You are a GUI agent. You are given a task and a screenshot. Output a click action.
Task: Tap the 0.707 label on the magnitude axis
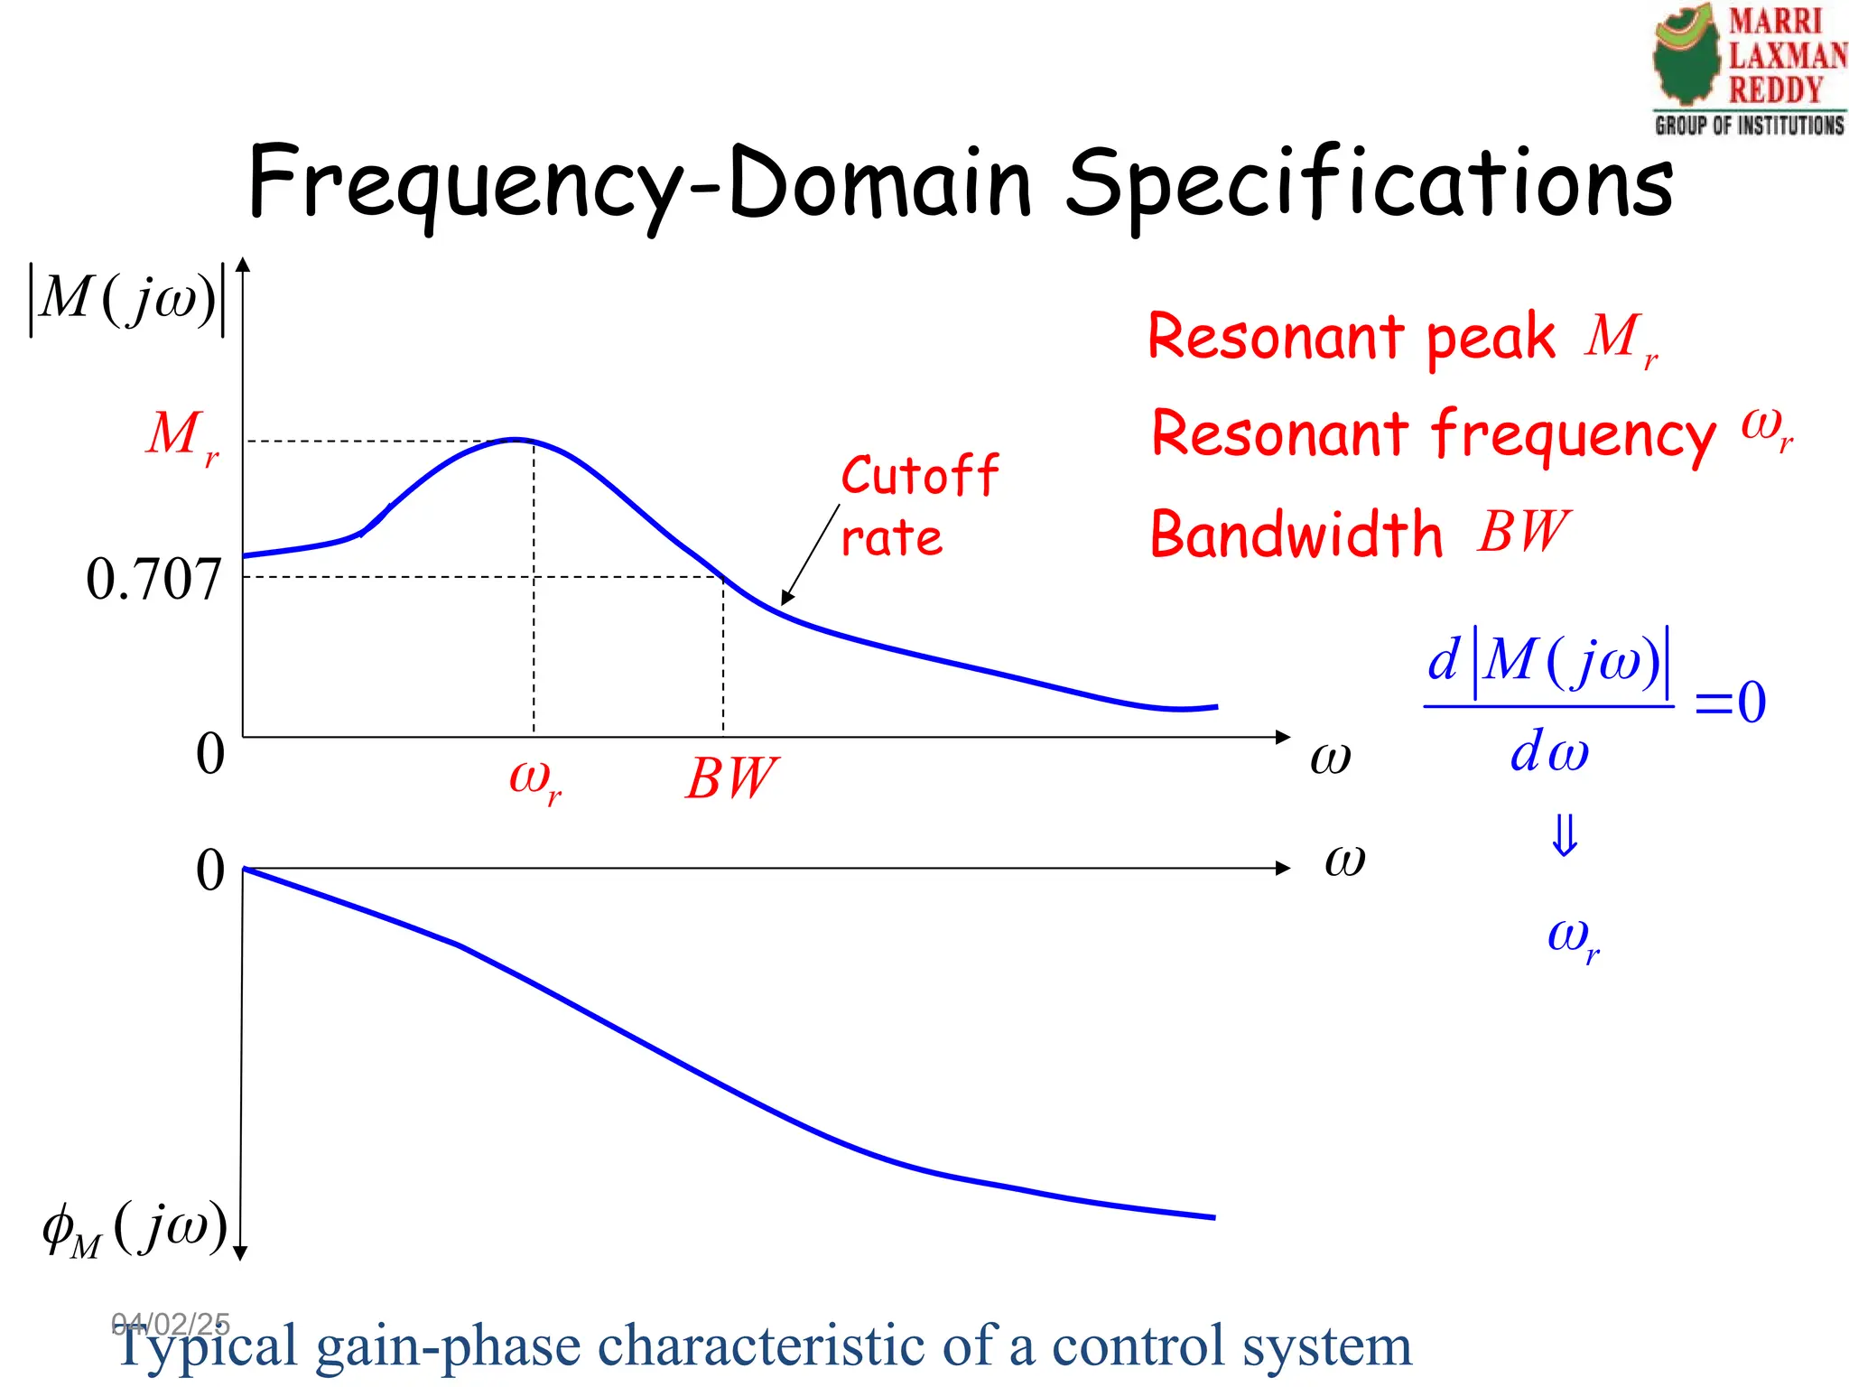tap(153, 579)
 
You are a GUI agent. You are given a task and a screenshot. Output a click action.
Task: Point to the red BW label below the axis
tap(730, 778)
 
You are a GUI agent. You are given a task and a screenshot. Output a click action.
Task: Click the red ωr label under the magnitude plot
tap(534, 779)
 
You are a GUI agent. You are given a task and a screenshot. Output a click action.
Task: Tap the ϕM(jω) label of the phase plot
tap(135, 1229)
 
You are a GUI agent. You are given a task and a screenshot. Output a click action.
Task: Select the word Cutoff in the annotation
tap(919, 476)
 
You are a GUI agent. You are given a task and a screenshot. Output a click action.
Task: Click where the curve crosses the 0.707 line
tap(722, 576)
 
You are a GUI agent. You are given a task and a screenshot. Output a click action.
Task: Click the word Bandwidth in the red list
tap(1296, 534)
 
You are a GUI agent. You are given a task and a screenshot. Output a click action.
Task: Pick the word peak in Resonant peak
tap(1491, 338)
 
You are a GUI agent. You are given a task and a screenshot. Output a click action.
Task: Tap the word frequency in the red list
tap(1574, 434)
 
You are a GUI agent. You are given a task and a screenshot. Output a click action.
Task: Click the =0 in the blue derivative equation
tap(1729, 703)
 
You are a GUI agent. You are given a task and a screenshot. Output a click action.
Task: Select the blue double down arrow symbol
tap(1565, 835)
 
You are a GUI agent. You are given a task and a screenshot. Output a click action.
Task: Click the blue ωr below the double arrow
tap(1573, 938)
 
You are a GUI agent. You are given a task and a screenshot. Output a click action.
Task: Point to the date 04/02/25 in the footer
tap(171, 1324)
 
